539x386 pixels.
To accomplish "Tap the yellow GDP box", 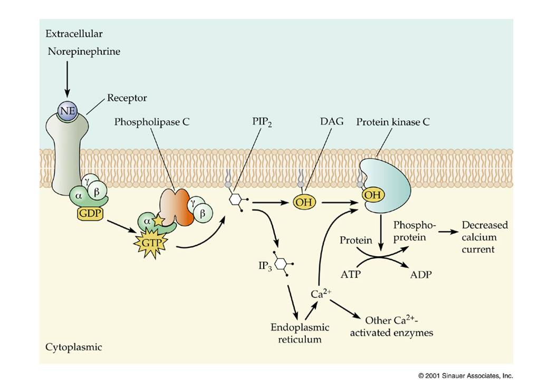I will pyautogui.click(x=90, y=214).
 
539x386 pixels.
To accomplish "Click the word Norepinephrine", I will pyautogui.click(x=84, y=52).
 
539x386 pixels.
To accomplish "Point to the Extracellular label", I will pyautogui.click(x=74, y=34).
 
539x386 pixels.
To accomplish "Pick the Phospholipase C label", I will pyautogui.click(x=152, y=122).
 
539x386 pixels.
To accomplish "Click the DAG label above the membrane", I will pyautogui.click(x=332, y=121).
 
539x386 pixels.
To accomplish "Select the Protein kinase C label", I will pyautogui.click(x=393, y=122).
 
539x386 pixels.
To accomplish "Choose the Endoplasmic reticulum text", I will pyautogui.click(x=300, y=333).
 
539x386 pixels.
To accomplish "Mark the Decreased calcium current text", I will pyautogui.click(x=485, y=237).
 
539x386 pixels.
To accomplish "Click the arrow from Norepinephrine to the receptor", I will pyautogui.click(x=68, y=78).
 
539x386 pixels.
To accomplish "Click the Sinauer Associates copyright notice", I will pyautogui.click(x=466, y=376).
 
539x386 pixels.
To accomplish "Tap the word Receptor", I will pyautogui.click(x=127, y=98).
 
